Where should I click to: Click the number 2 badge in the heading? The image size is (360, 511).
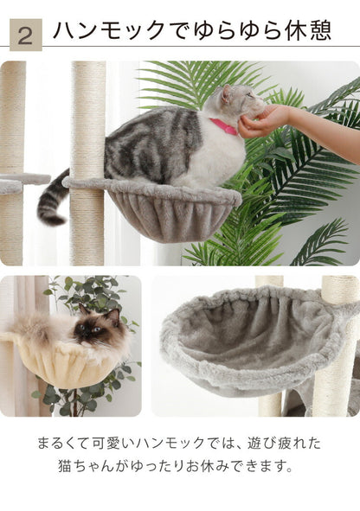pyautogui.click(x=24, y=35)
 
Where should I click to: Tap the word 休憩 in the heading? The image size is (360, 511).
pyautogui.click(x=308, y=31)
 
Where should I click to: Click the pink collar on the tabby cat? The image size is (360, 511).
pyautogui.click(x=223, y=126)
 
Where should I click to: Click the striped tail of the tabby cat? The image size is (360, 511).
pyautogui.click(x=51, y=199)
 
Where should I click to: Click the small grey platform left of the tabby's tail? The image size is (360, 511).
pyautogui.click(x=22, y=182)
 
